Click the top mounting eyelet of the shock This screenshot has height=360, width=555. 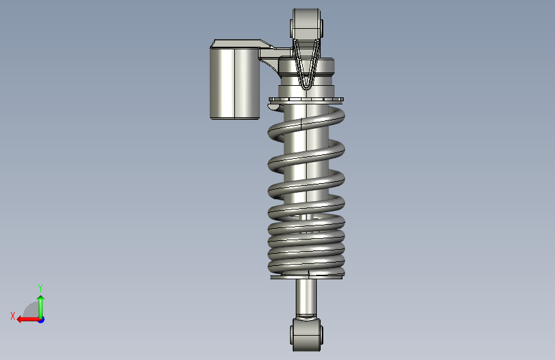click(x=307, y=24)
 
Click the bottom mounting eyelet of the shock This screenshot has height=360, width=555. click(x=307, y=334)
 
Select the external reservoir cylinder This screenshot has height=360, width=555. click(x=235, y=84)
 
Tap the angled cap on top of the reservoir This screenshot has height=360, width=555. click(x=241, y=44)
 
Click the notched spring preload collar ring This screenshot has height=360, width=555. click(x=306, y=99)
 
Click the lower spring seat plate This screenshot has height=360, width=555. click(x=306, y=277)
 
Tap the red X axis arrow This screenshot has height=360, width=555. click(x=28, y=320)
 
